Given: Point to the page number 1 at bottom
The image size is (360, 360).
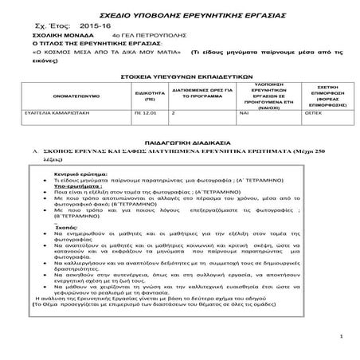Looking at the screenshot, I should (x=338, y=338).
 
